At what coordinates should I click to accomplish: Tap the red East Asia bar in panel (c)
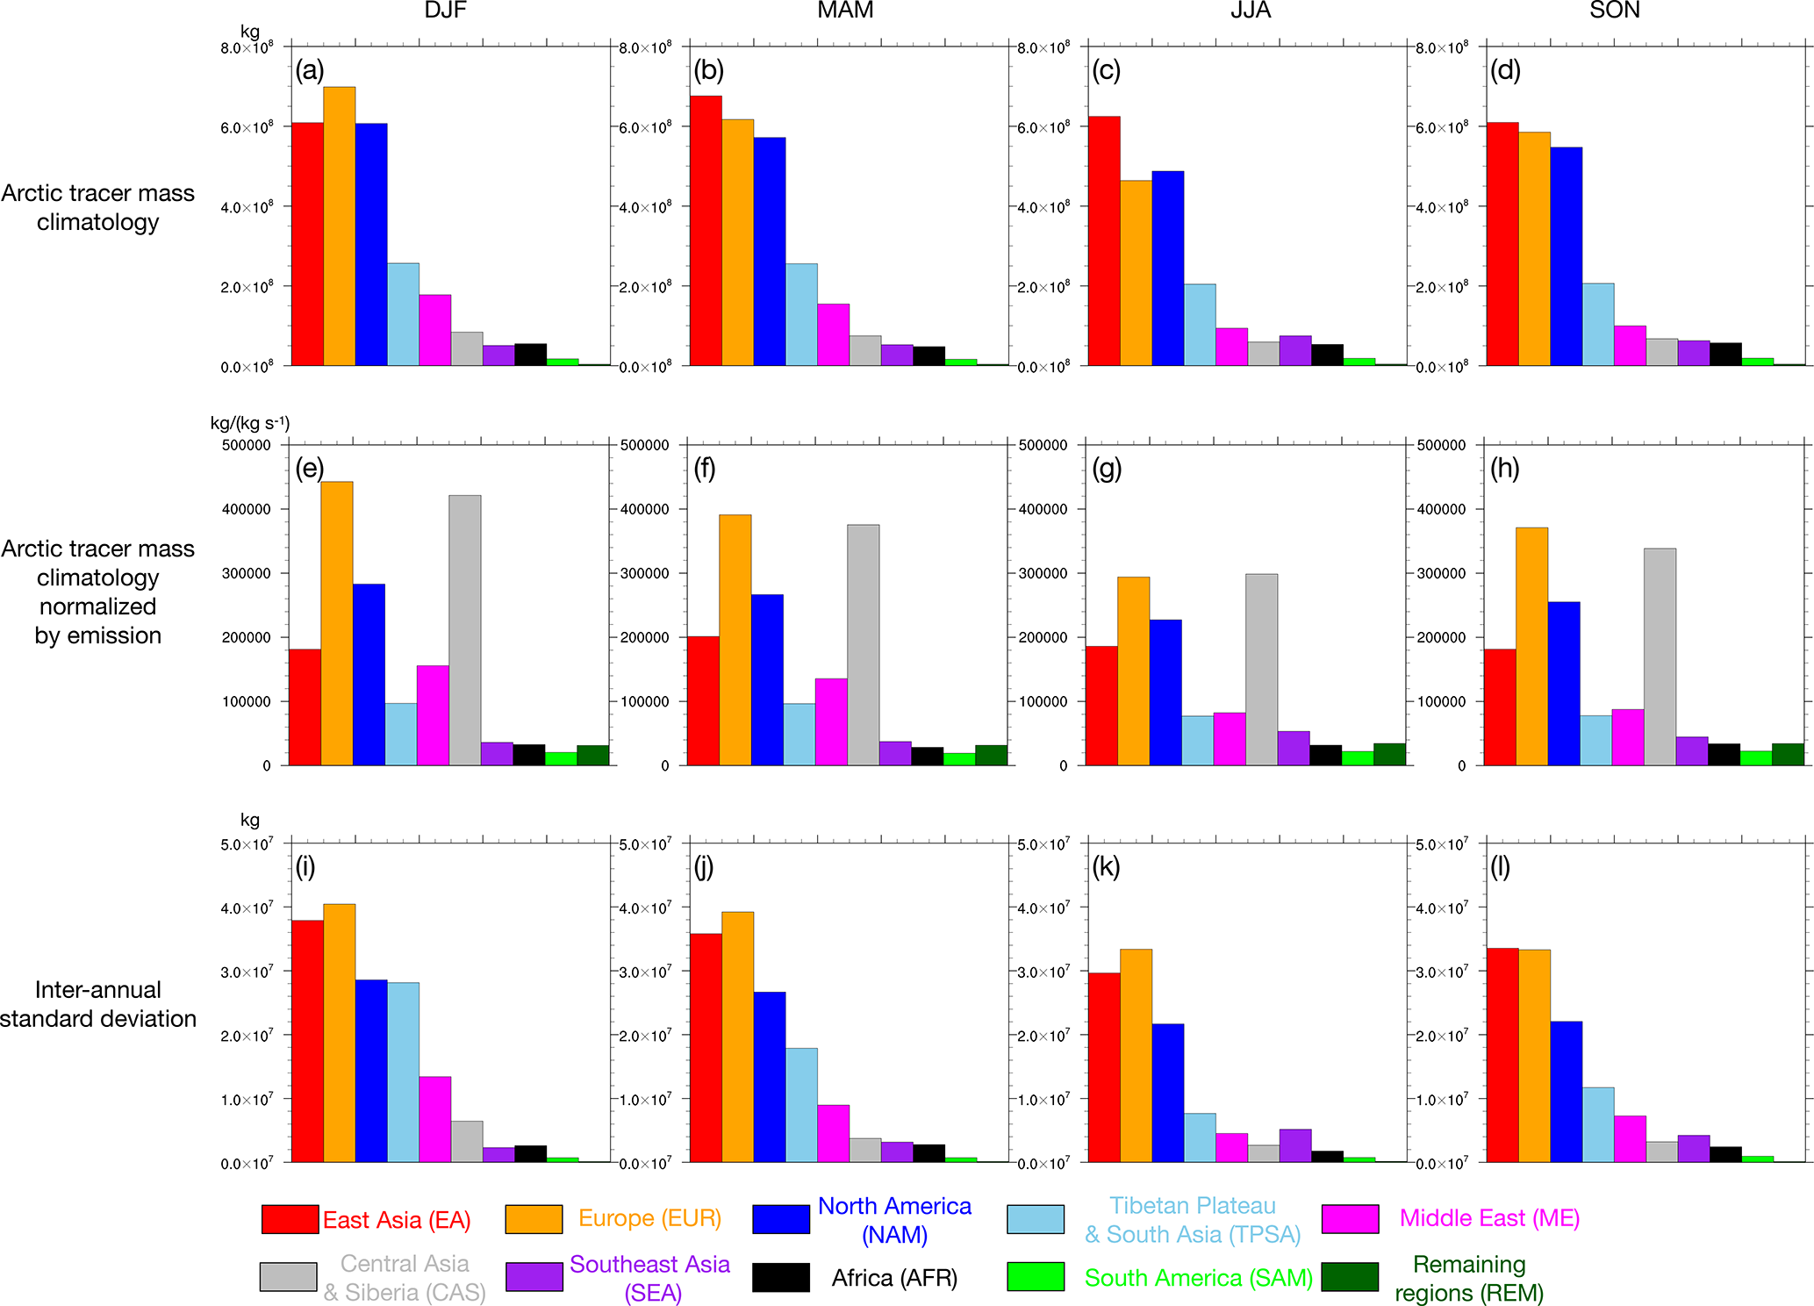pos(1103,240)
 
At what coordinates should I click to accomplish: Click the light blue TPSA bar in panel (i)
pos(403,1072)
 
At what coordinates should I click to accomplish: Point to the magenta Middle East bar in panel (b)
pos(833,334)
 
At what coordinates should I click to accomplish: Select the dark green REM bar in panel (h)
pos(1788,755)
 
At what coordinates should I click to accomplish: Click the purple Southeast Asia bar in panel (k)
pos(1294,1145)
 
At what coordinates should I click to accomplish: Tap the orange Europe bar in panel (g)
pos(1133,671)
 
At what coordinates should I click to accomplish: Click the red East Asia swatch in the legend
pos(290,1219)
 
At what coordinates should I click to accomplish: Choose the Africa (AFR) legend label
pos(893,1278)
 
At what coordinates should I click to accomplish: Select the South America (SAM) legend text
pos(1198,1278)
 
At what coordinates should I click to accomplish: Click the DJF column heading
pos(445,11)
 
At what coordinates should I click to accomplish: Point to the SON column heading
pos(1614,11)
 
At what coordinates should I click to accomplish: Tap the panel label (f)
pos(705,469)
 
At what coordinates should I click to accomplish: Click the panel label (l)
pos(1500,867)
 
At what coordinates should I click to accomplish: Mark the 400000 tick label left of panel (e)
pos(246,509)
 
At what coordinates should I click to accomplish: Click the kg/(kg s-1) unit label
pos(249,423)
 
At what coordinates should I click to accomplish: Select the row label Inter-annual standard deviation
pos(98,1004)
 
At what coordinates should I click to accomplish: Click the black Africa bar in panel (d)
pos(1725,354)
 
